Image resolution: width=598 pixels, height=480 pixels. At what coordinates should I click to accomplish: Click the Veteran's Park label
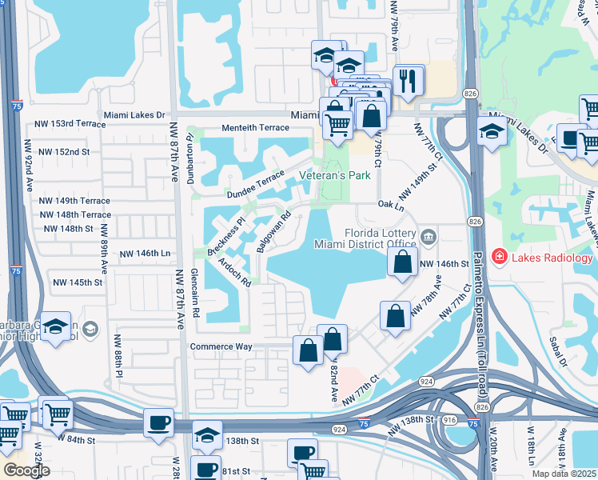[x=334, y=175]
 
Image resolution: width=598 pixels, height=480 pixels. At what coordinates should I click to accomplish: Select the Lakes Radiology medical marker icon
[x=500, y=257]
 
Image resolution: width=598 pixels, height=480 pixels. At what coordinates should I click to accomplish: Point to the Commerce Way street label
[x=221, y=346]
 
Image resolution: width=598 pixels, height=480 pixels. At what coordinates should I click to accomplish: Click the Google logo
[x=26, y=470]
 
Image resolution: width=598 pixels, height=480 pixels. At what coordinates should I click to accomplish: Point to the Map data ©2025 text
[x=564, y=474]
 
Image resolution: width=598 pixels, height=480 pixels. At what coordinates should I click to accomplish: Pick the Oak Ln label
[x=389, y=205]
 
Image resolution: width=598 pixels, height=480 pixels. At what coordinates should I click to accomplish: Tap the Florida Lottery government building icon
[x=429, y=235]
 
